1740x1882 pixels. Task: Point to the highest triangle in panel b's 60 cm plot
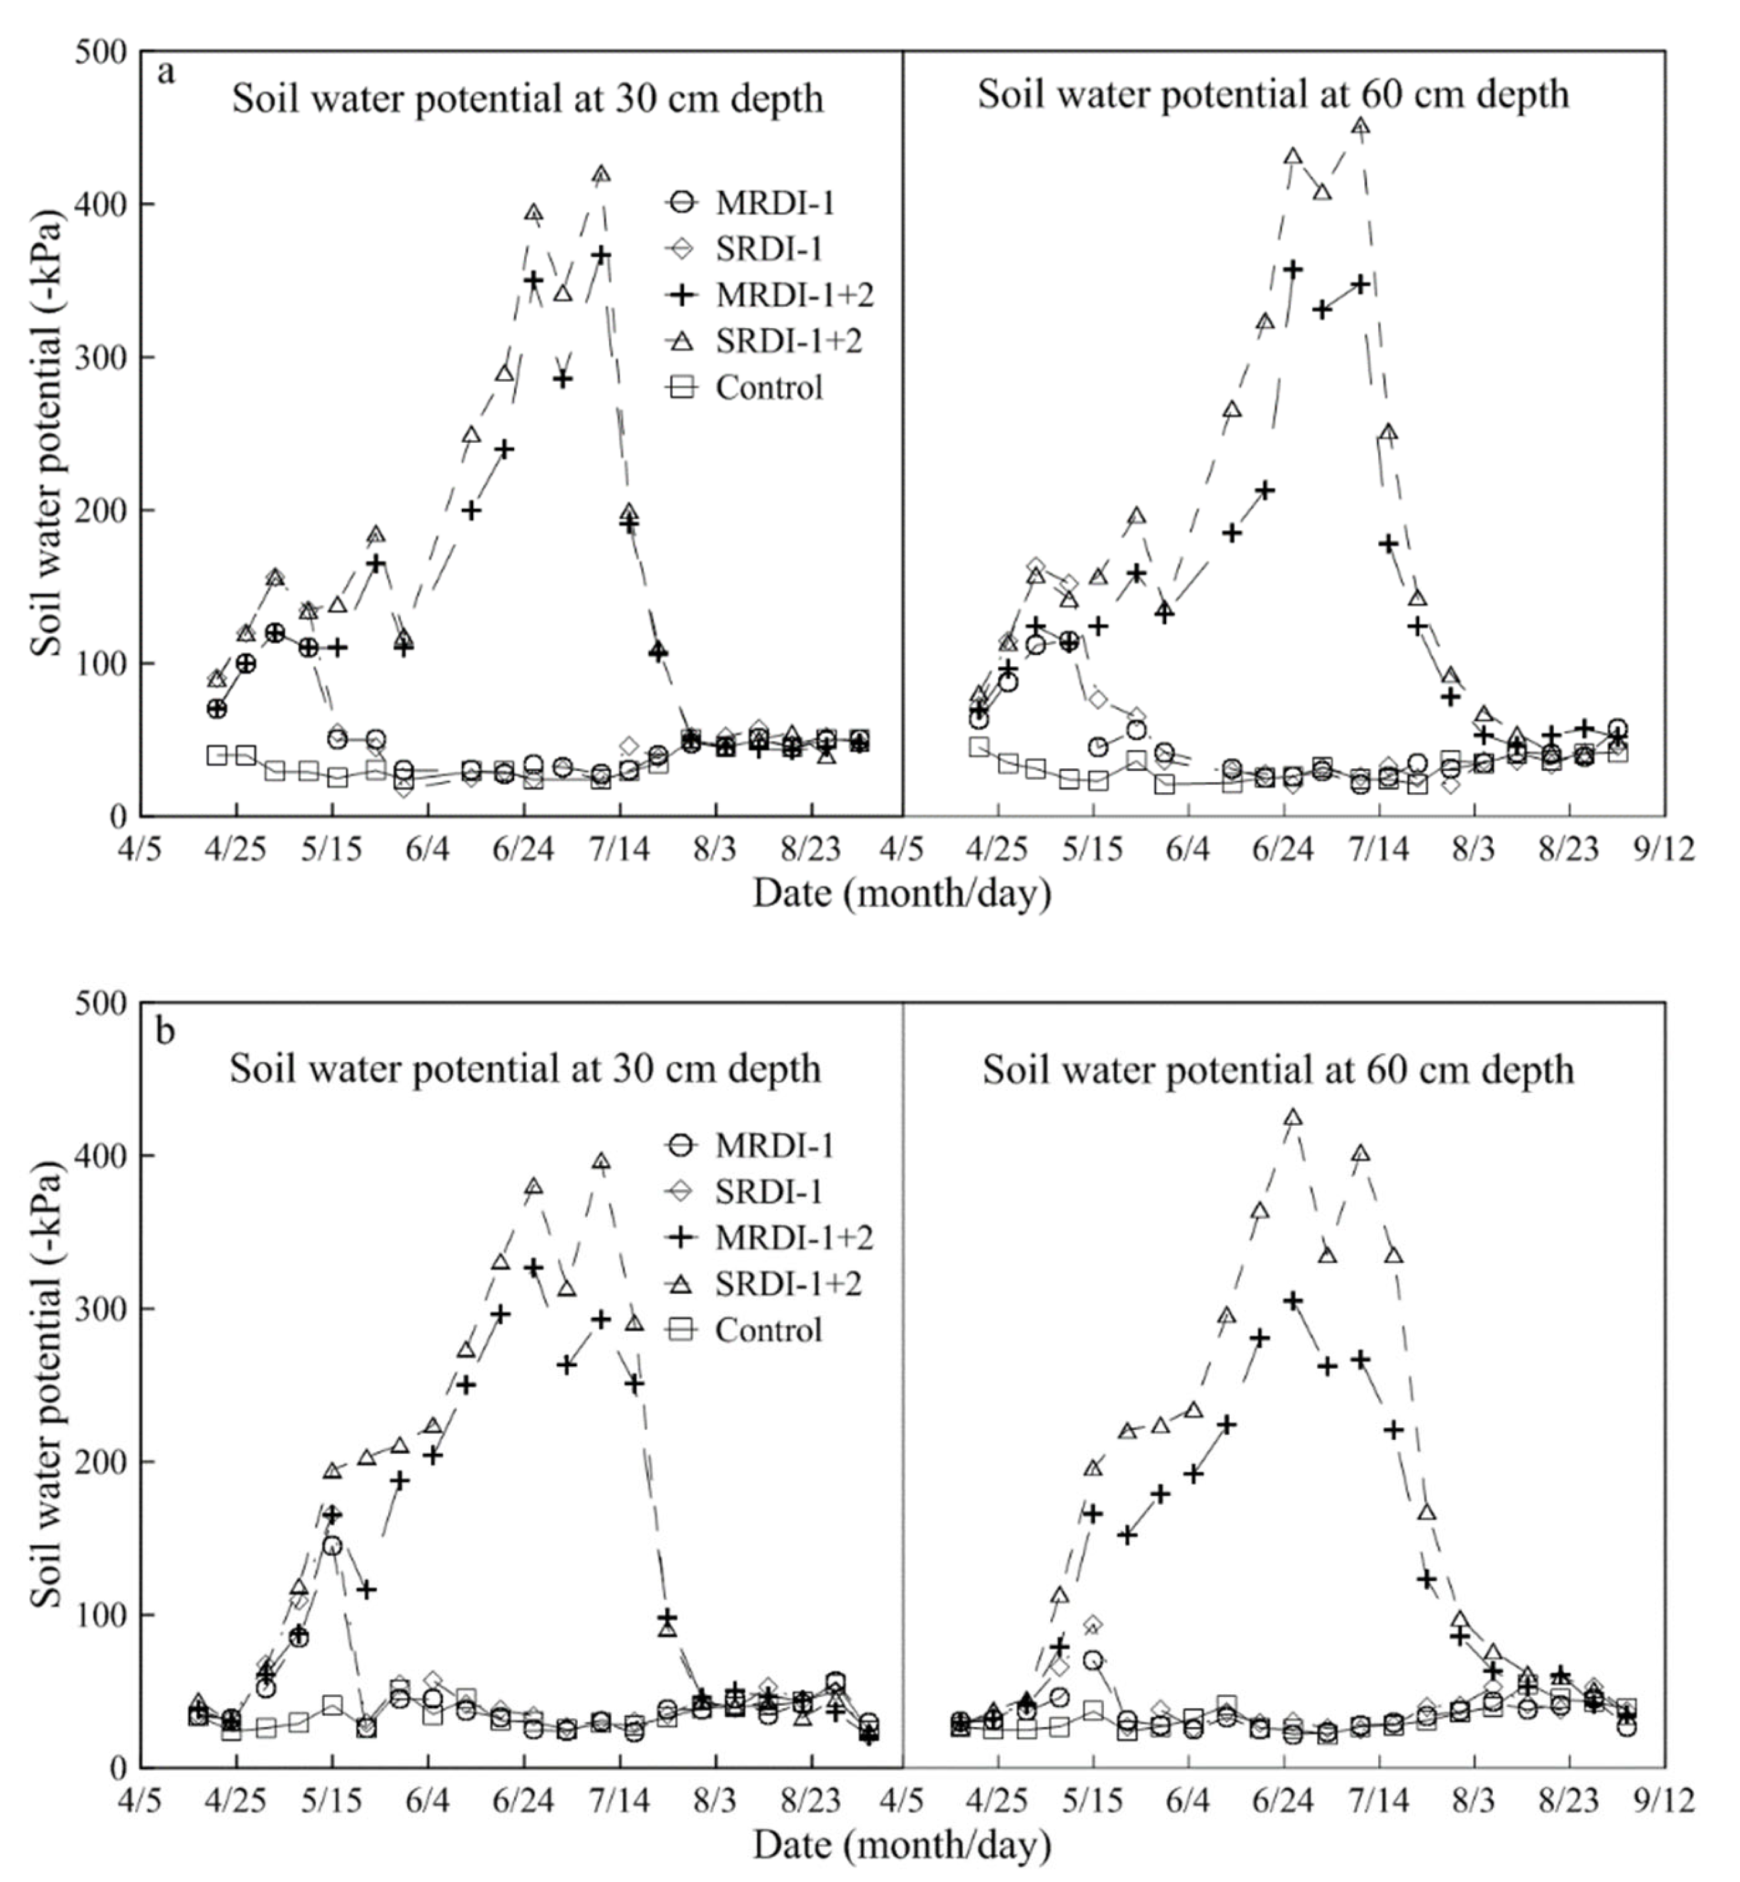1293,1117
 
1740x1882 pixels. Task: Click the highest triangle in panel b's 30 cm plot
601,1161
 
